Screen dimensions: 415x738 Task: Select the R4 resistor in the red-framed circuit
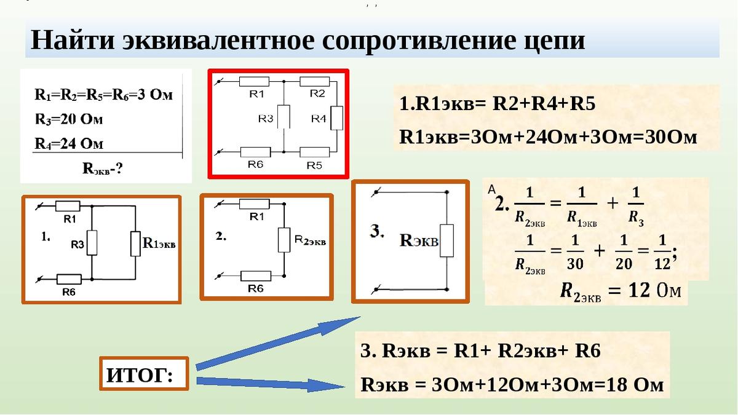(x=336, y=118)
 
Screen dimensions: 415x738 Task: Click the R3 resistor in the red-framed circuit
(x=284, y=116)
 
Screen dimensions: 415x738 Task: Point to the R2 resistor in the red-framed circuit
(x=315, y=81)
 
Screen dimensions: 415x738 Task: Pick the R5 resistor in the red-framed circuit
(x=315, y=151)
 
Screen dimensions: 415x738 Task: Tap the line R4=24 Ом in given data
(x=69, y=144)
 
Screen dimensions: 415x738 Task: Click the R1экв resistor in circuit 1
(x=135, y=243)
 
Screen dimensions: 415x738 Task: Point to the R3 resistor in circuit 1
(x=92, y=243)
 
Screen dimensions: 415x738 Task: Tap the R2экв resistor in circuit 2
(x=284, y=240)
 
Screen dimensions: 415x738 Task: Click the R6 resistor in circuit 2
(x=255, y=276)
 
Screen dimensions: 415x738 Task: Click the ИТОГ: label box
(x=144, y=374)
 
